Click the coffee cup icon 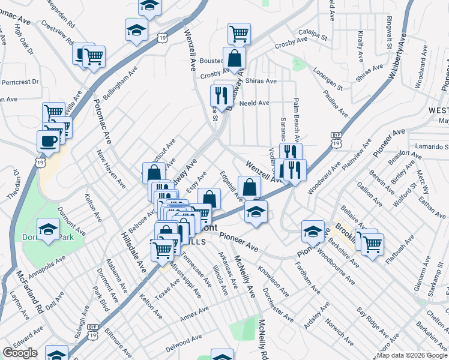tap(48, 141)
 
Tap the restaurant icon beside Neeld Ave tap(221, 95)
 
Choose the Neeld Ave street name tap(254, 103)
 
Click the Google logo tap(20, 353)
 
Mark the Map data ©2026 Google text tap(412, 355)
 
